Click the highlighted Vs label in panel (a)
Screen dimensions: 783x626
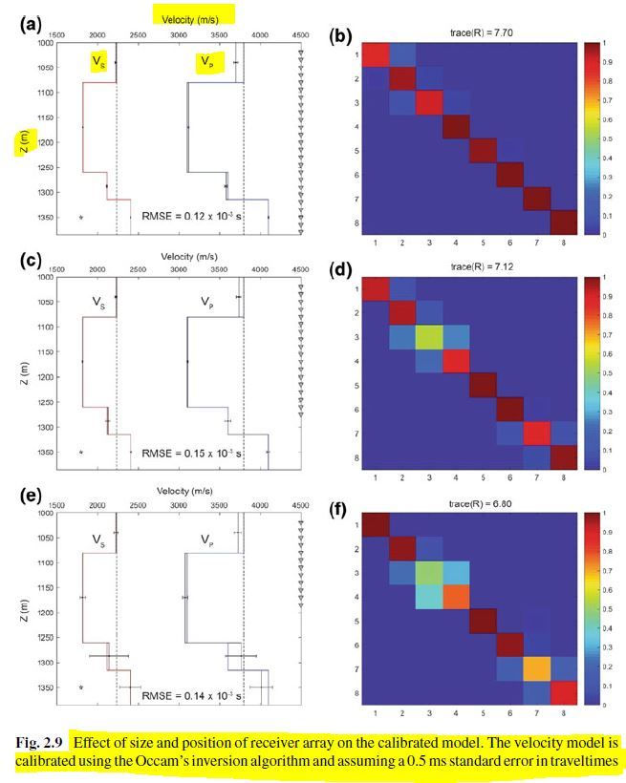[97, 62]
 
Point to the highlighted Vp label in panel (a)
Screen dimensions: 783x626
[206, 62]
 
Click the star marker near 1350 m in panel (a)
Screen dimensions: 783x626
[81, 218]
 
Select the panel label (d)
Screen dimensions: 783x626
[339, 270]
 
